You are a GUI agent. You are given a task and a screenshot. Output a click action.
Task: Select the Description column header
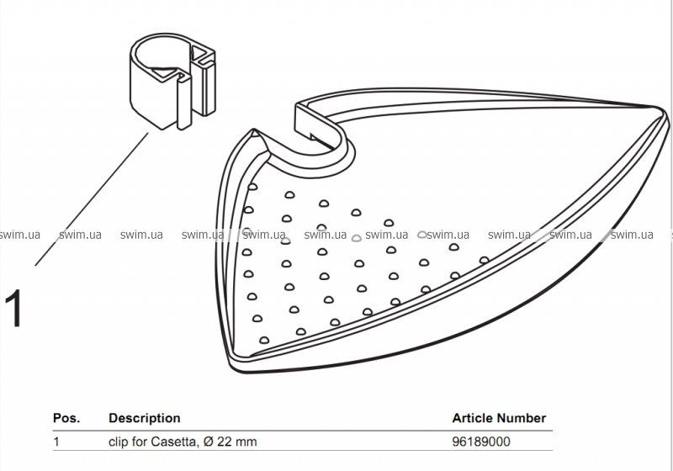pos(145,418)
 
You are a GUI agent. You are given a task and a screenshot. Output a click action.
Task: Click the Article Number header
pos(499,418)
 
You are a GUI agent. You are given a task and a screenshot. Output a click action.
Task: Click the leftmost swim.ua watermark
pos(20,235)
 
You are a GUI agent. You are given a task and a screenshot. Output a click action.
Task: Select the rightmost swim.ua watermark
pos(633,235)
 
